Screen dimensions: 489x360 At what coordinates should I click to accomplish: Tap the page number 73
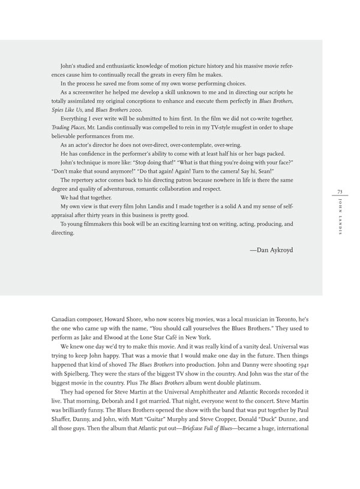pos(339,191)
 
